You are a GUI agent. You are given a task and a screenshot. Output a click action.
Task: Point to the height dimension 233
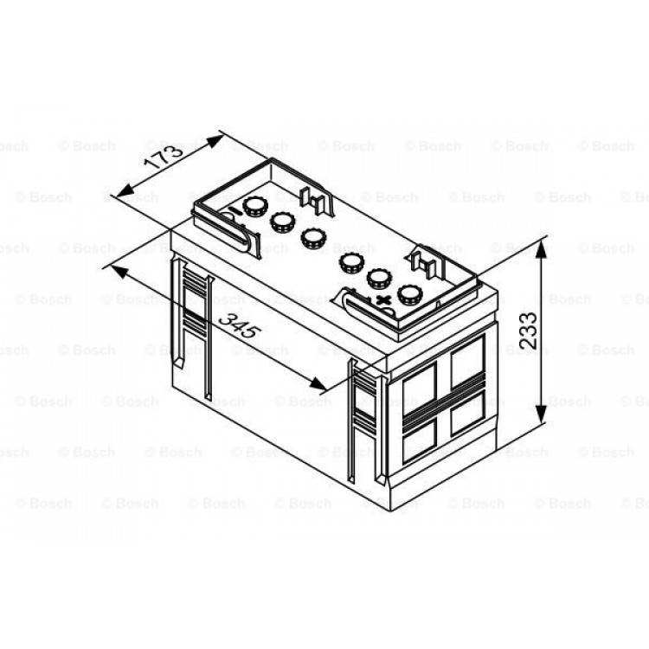(x=528, y=330)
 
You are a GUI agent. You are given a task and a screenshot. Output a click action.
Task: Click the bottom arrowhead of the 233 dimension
(x=542, y=414)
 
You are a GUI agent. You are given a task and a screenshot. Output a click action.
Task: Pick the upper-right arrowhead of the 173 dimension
(x=215, y=142)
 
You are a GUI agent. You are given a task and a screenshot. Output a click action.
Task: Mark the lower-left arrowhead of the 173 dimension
(x=125, y=190)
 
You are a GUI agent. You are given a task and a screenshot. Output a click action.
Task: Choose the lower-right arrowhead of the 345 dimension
(x=318, y=384)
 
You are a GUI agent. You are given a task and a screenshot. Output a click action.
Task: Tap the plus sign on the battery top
(x=384, y=299)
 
